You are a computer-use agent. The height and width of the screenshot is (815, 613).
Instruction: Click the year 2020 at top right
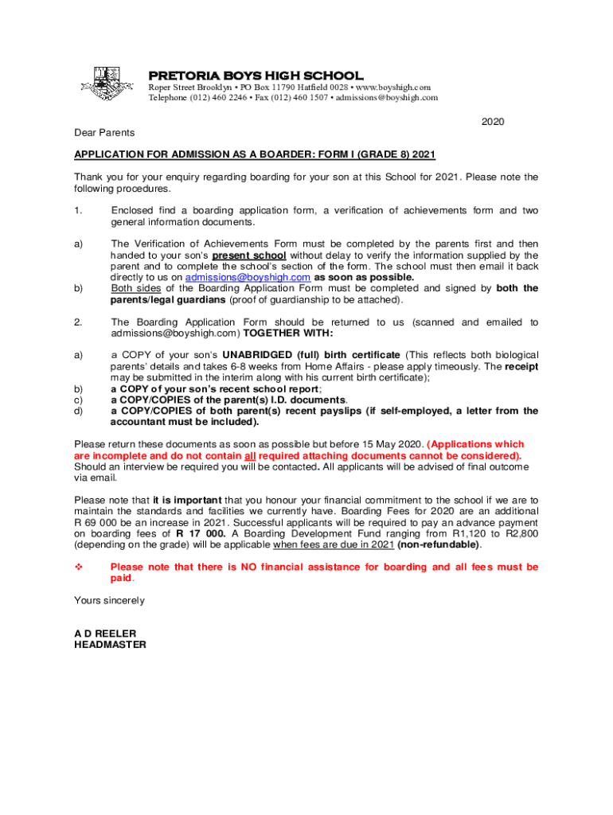[x=493, y=121]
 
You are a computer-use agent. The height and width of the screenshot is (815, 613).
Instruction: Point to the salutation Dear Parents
[x=104, y=132]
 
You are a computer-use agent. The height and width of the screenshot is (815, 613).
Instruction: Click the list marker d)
[x=79, y=411]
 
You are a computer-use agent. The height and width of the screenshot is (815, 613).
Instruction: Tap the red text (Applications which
[x=477, y=444]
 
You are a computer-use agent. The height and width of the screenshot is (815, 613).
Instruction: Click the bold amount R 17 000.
[x=201, y=533]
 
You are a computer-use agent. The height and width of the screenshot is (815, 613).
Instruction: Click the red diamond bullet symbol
[x=79, y=567]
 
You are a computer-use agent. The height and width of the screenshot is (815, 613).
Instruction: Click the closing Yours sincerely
[x=109, y=599]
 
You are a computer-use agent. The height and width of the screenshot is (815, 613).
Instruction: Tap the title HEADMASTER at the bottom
[x=110, y=645]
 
